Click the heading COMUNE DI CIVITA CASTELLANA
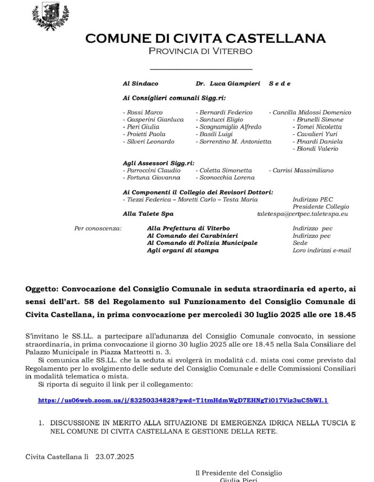(206, 38)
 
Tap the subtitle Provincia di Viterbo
(200, 51)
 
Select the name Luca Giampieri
(235, 83)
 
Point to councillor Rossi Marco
(143, 112)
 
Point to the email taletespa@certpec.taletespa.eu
(302, 214)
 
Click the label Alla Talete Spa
(148, 214)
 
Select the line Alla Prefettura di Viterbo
(188, 228)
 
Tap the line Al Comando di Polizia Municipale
(202, 243)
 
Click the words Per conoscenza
(98, 228)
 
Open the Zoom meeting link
(183, 401)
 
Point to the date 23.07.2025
(115, 457)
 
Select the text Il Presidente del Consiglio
(239, 473)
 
